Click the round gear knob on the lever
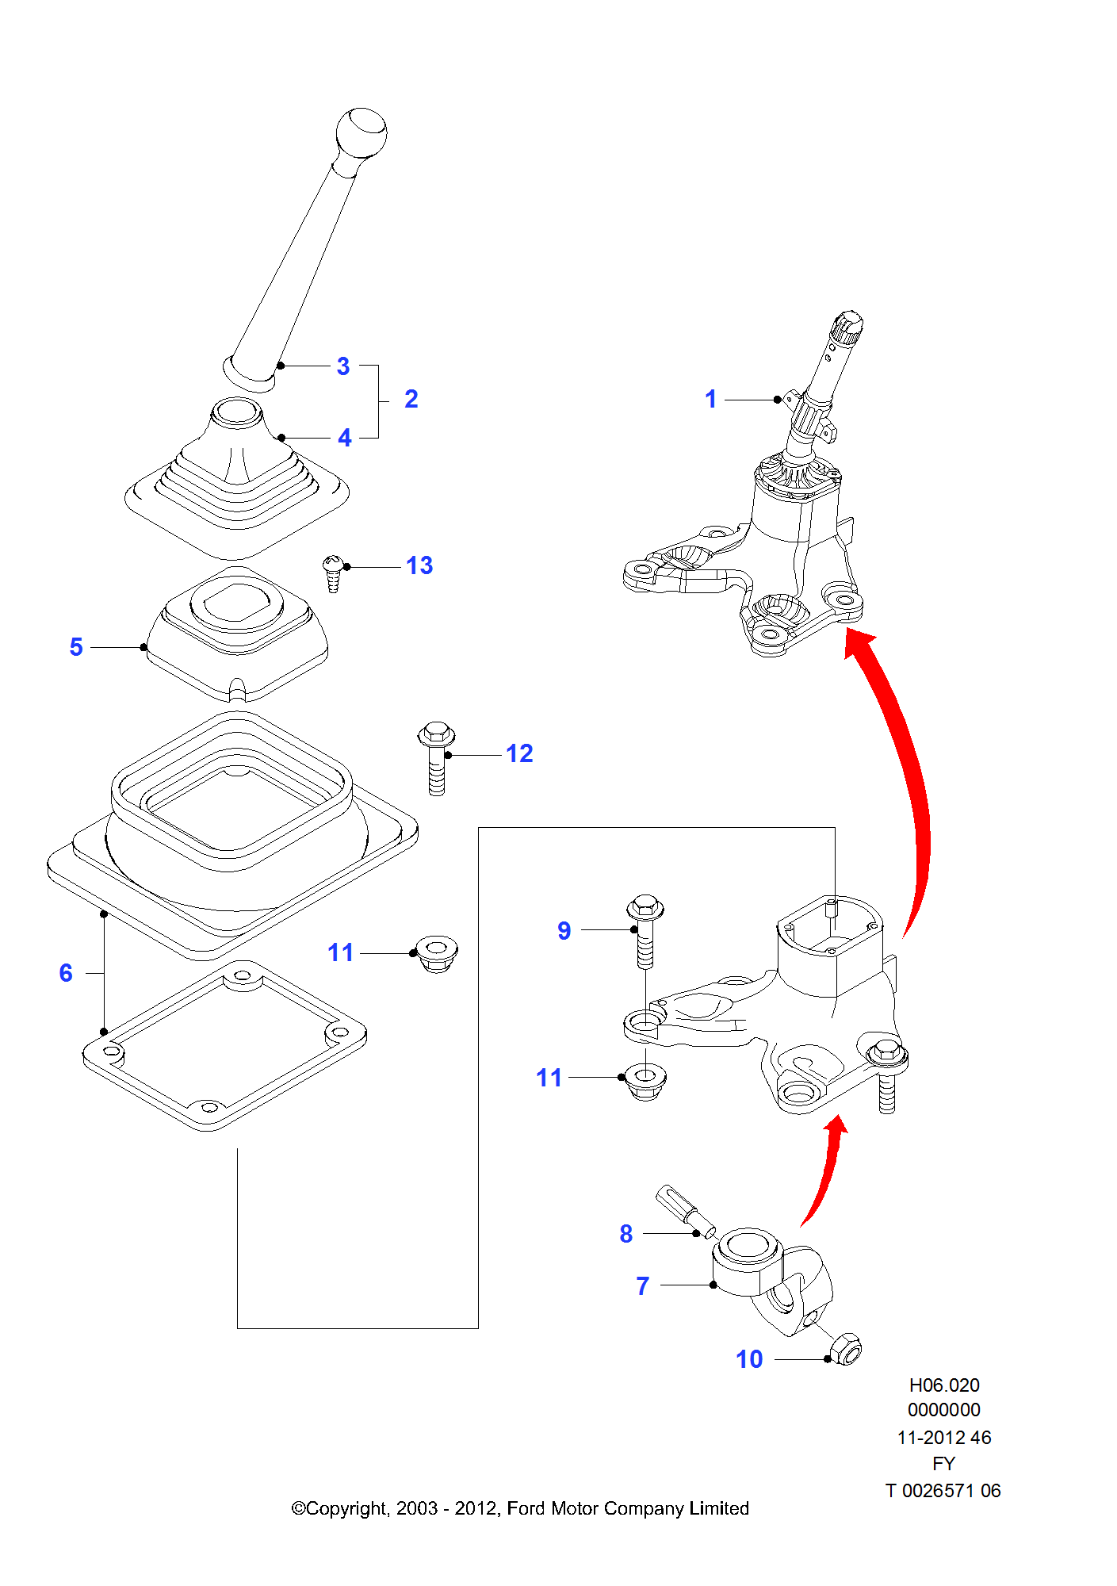click(x=361, y=132)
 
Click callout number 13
click(x=419, y=565)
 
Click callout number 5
click(x=76, y=647)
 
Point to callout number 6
click(x=66, y=973)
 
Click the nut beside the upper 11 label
click(x=437, y=953)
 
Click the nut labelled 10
click(x=845, y=1349)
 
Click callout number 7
click(x=643, y=1285)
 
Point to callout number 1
click(x=711, y=399)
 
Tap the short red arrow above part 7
click(x=826, y=1166)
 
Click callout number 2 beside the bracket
click(x=411, y=399)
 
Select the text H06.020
click(x=943, y=1385)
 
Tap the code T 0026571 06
click(x=943, y=1491)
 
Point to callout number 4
click(x=345, y=438)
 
